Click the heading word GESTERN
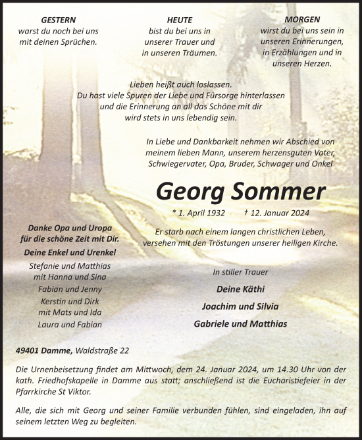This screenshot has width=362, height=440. (58, 20)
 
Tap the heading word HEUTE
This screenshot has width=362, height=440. (180, 20)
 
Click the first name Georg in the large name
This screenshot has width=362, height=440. (191, 191)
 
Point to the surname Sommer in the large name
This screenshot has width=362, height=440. (279, 191)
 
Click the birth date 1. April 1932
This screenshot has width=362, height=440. (198, 213)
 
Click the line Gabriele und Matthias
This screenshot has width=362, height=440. (240, 323)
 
